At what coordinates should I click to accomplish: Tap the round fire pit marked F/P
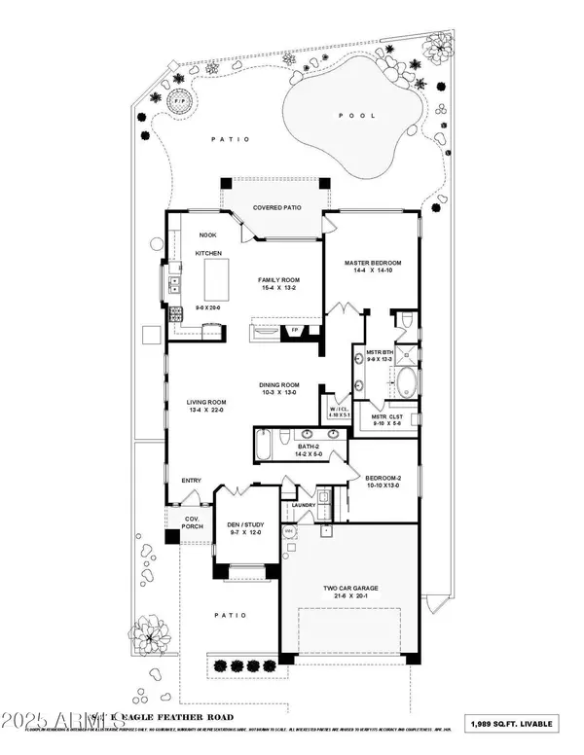pyautogui.click(x=178, y=101)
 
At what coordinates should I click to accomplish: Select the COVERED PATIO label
pyautogui.click(x=274, y=208)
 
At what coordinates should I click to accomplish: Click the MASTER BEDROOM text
pyautogui.click(x=373, y=263)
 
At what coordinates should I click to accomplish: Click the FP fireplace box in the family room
pyautogui.click(x=294, y=331)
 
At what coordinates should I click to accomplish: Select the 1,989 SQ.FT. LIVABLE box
pyautogui.click(x=530, y=723)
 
